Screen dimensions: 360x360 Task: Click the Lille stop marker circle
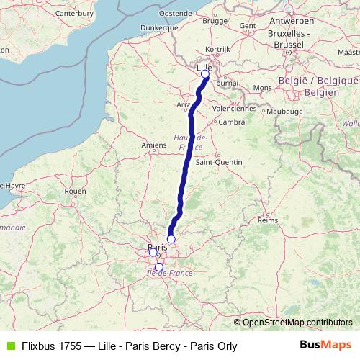click(x=205, y=73)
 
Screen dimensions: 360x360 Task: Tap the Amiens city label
click(x=154, y=145)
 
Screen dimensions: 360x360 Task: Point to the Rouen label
click(x=75, y=192)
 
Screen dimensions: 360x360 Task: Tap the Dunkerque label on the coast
click(x=158, y=27)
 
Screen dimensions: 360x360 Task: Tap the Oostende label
click(x=175, y=13)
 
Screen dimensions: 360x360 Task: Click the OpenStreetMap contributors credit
click(x=297, y=322)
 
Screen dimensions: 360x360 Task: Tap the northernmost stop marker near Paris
click(x=171, y=239)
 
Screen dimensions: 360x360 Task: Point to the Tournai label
click(x=225, y=84)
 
